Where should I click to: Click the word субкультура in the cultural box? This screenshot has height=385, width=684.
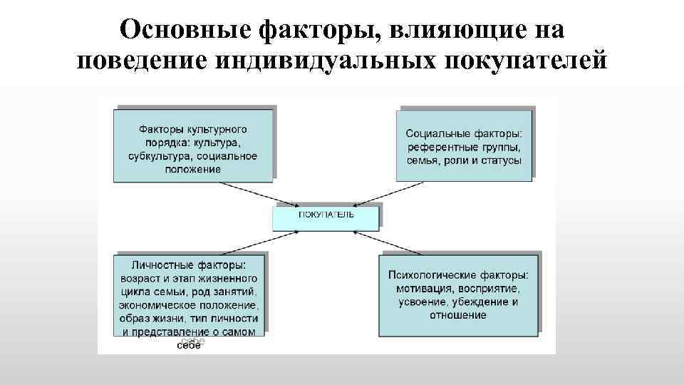pyautogui.click(x=160, y=156)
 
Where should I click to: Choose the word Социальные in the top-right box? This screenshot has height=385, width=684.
pyautogui.click(x=435, y=133)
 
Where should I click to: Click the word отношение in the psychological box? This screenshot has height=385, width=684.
pyautogui.click(x=458, y=314)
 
